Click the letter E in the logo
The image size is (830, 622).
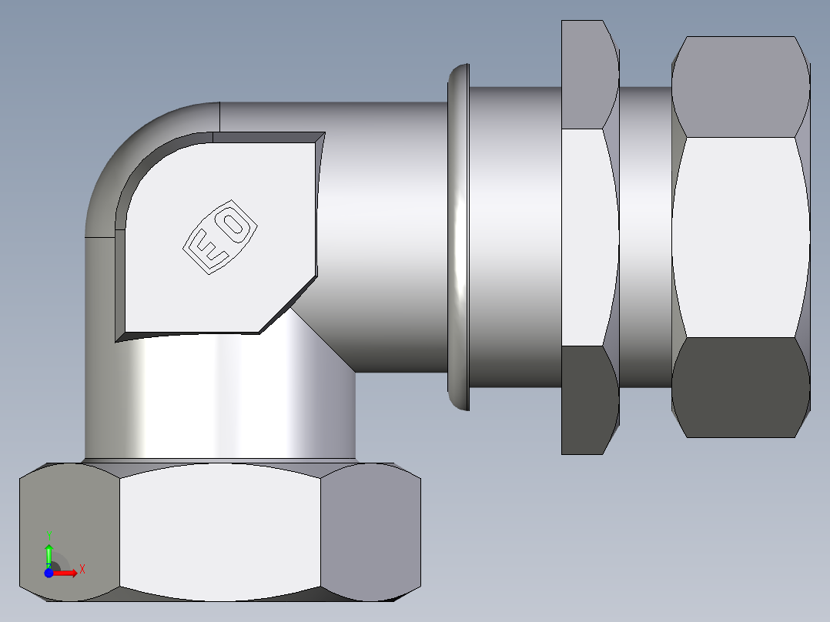(x=206, y=251)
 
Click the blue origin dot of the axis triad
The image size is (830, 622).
(x=49, y=573)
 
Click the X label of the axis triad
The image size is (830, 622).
(x=82, y=570)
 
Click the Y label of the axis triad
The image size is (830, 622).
(x=49, y=534)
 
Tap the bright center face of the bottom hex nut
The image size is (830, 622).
(x=220, y=531)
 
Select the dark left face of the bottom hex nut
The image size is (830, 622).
(x=69, y=531)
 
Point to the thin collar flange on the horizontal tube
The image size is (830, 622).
(x=459, y=237)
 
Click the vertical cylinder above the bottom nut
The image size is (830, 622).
(x=231, y=400)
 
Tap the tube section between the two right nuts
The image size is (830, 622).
(x=645, y=237)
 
